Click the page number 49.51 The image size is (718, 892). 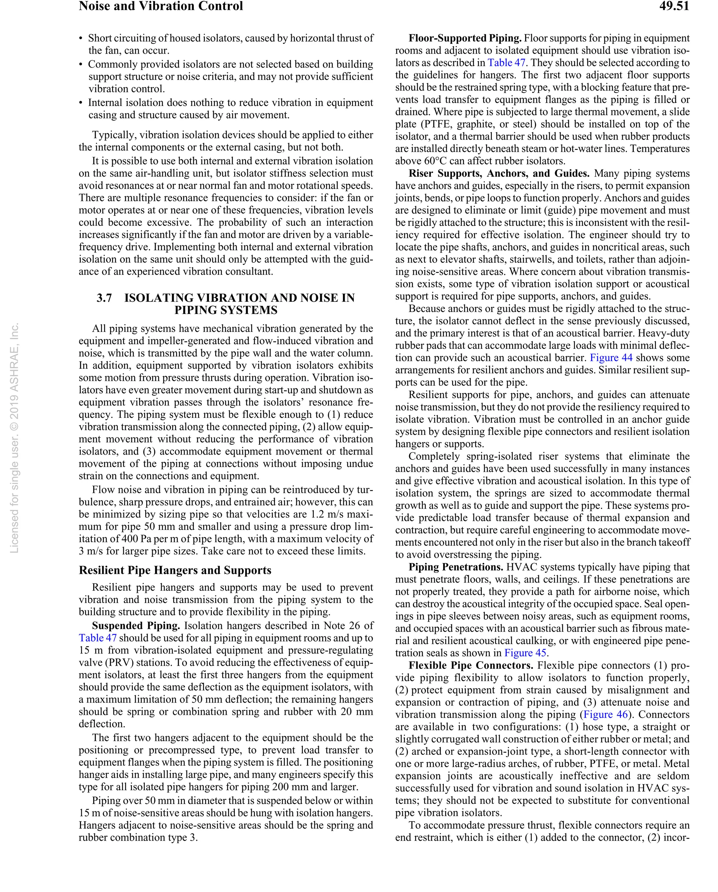pos(674,6)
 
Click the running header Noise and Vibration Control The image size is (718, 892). pos(161,6)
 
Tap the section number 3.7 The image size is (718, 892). pos(104,298)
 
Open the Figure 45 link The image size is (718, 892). pos(525,653)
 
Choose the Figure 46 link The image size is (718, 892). pos(605,714)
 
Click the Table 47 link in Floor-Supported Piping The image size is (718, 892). pos(506,62)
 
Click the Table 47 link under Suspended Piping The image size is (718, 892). pos(97,638)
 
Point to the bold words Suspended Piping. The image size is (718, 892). pos(136,625)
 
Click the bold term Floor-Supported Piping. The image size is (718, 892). pos(465,38)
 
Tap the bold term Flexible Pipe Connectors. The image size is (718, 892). pos(471,665)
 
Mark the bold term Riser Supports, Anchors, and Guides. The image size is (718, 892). pos(499,173)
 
